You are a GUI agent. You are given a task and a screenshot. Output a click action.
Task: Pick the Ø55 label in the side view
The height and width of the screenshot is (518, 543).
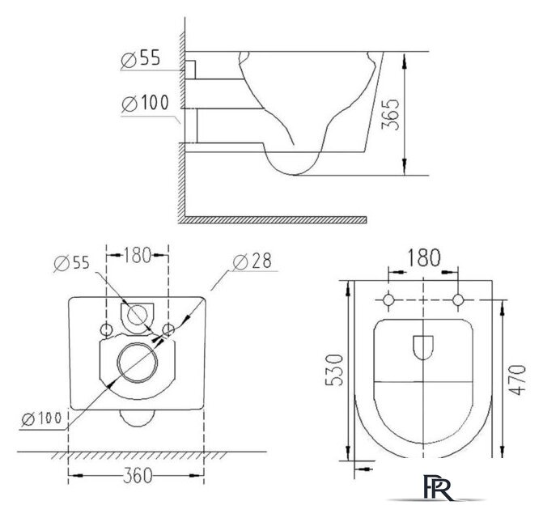pyautogui.click(x=140, y=58)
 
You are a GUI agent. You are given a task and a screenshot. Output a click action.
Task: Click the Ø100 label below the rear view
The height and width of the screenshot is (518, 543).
pyautogui.click(x=40, y=418)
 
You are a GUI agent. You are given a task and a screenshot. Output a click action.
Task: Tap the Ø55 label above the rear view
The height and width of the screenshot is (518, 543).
pyautogui.click(x=71, y=261)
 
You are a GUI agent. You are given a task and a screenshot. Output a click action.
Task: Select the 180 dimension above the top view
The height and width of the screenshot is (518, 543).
pyautogui.click(x=423, y=258)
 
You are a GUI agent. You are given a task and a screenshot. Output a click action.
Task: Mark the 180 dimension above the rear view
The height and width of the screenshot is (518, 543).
pyautogui.click(x=138, y=257)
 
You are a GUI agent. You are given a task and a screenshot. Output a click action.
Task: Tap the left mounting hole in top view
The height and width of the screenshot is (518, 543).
pyautogui.click(x=389, y=300)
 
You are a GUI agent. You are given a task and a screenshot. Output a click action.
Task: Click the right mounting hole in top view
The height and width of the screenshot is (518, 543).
pyautogui.click(x=458, y=300)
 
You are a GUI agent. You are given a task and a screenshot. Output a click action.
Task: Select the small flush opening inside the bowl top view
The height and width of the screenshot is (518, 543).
pyautogui.click(x=423, y=347)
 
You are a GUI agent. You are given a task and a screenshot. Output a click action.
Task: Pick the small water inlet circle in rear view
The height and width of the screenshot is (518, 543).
pyautogui.click(x=138, y=315)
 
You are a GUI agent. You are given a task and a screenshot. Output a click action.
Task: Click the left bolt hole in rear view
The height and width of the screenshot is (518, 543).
pyautogui.click(x=106, y=329)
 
